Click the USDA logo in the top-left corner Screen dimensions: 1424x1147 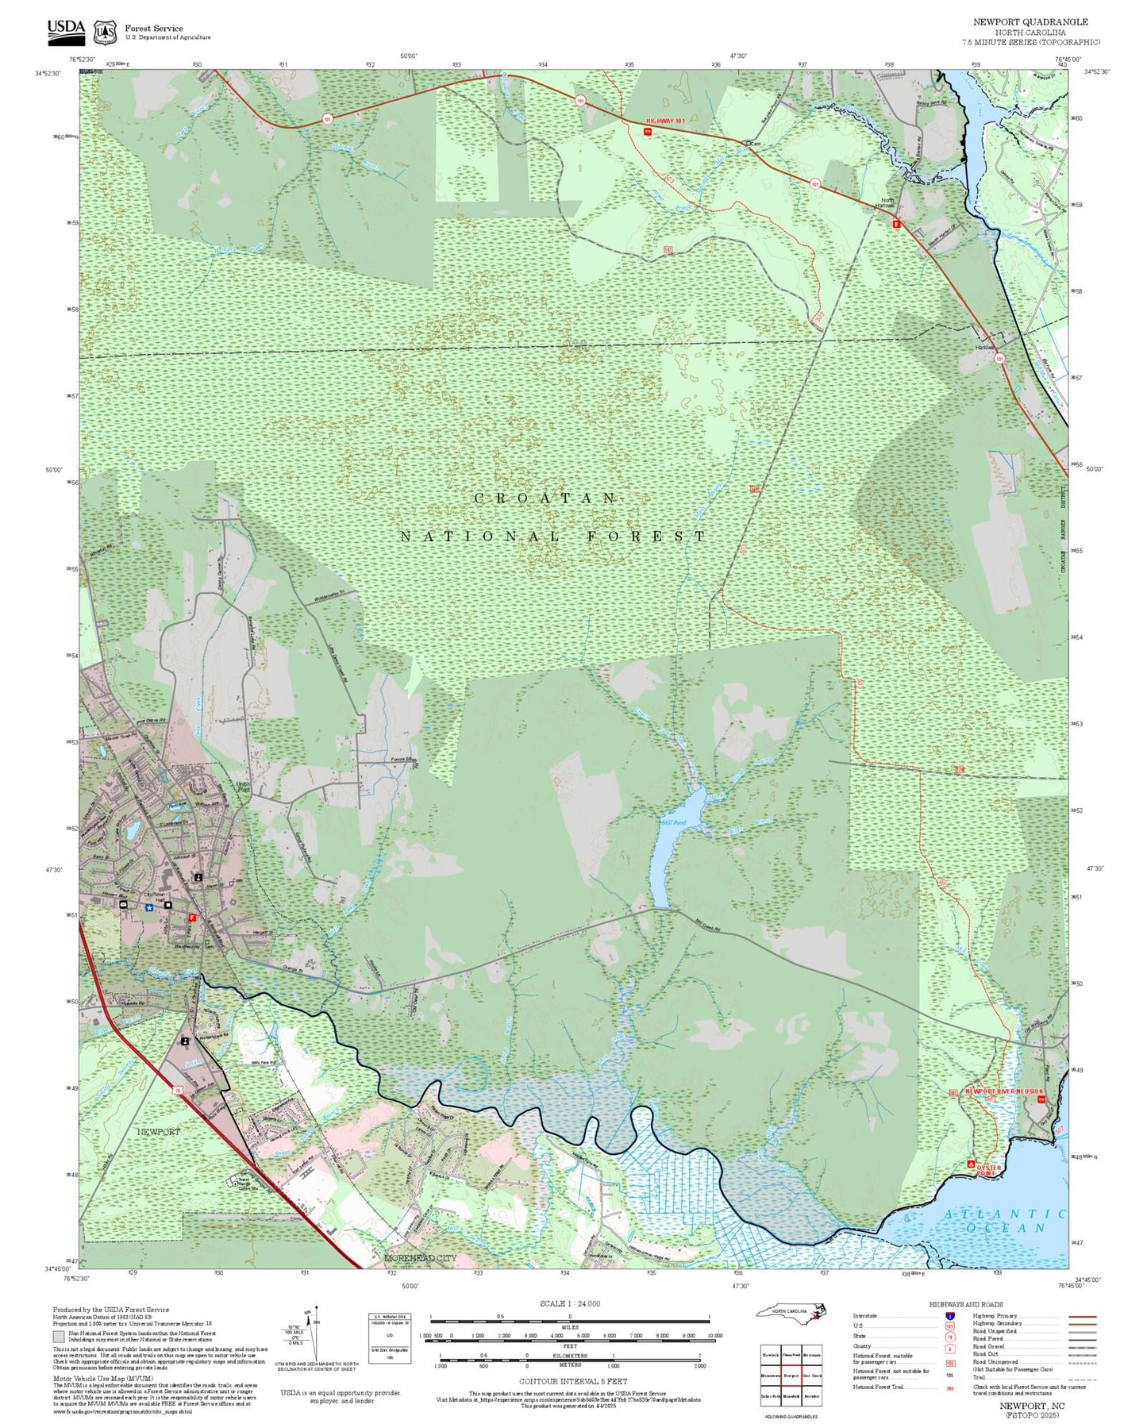click(66, 30)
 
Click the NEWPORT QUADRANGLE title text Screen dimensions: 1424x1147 click(1030, 22)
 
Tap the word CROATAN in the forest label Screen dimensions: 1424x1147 click(545, 498)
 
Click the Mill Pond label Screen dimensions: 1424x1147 click(673, 823)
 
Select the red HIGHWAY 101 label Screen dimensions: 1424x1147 click(665, 121)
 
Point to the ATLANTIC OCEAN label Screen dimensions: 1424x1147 click(1005, 1220)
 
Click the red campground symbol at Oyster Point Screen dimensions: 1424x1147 click(971, 1164)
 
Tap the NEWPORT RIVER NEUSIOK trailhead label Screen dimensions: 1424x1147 click(1003, 1091)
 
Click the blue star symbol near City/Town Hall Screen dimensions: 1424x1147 click(148, 907)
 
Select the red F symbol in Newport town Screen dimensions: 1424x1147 click(191, 918)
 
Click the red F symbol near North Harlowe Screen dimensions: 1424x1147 click(897, 225)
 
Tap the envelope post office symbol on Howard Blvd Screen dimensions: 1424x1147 click(123, 904)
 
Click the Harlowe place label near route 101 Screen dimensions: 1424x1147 click(984, 348)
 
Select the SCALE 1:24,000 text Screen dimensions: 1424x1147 click(569, 1303)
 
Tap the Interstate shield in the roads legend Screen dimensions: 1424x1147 click(950, 1316)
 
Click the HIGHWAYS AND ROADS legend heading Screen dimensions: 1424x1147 click(966, 1304)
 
